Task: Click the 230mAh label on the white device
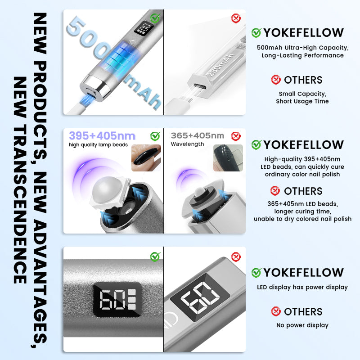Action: [x=220, y=65]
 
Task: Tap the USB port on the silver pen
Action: [x=91, y=93]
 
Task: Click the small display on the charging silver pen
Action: [x=144, y=28]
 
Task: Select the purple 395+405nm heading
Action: [x=102, y=136]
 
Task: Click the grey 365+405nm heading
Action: [x=198, y=135]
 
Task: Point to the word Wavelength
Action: [x=187, y=144]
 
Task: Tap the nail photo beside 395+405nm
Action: [x=146, y=158]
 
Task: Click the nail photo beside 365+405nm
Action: [x=228, y=158]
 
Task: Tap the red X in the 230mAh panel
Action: [x=236, y=18]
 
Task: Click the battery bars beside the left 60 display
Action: [x=132, y=299]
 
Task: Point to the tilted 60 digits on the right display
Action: [x=200, y=297]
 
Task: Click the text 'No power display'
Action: [x=302, y=325]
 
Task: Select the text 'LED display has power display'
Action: [x=302, y=287]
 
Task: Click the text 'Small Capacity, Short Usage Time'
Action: [x=302, y=98]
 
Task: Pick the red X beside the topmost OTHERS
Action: [x=275, y=80]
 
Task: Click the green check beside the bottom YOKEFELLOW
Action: [x=256, y=273]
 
